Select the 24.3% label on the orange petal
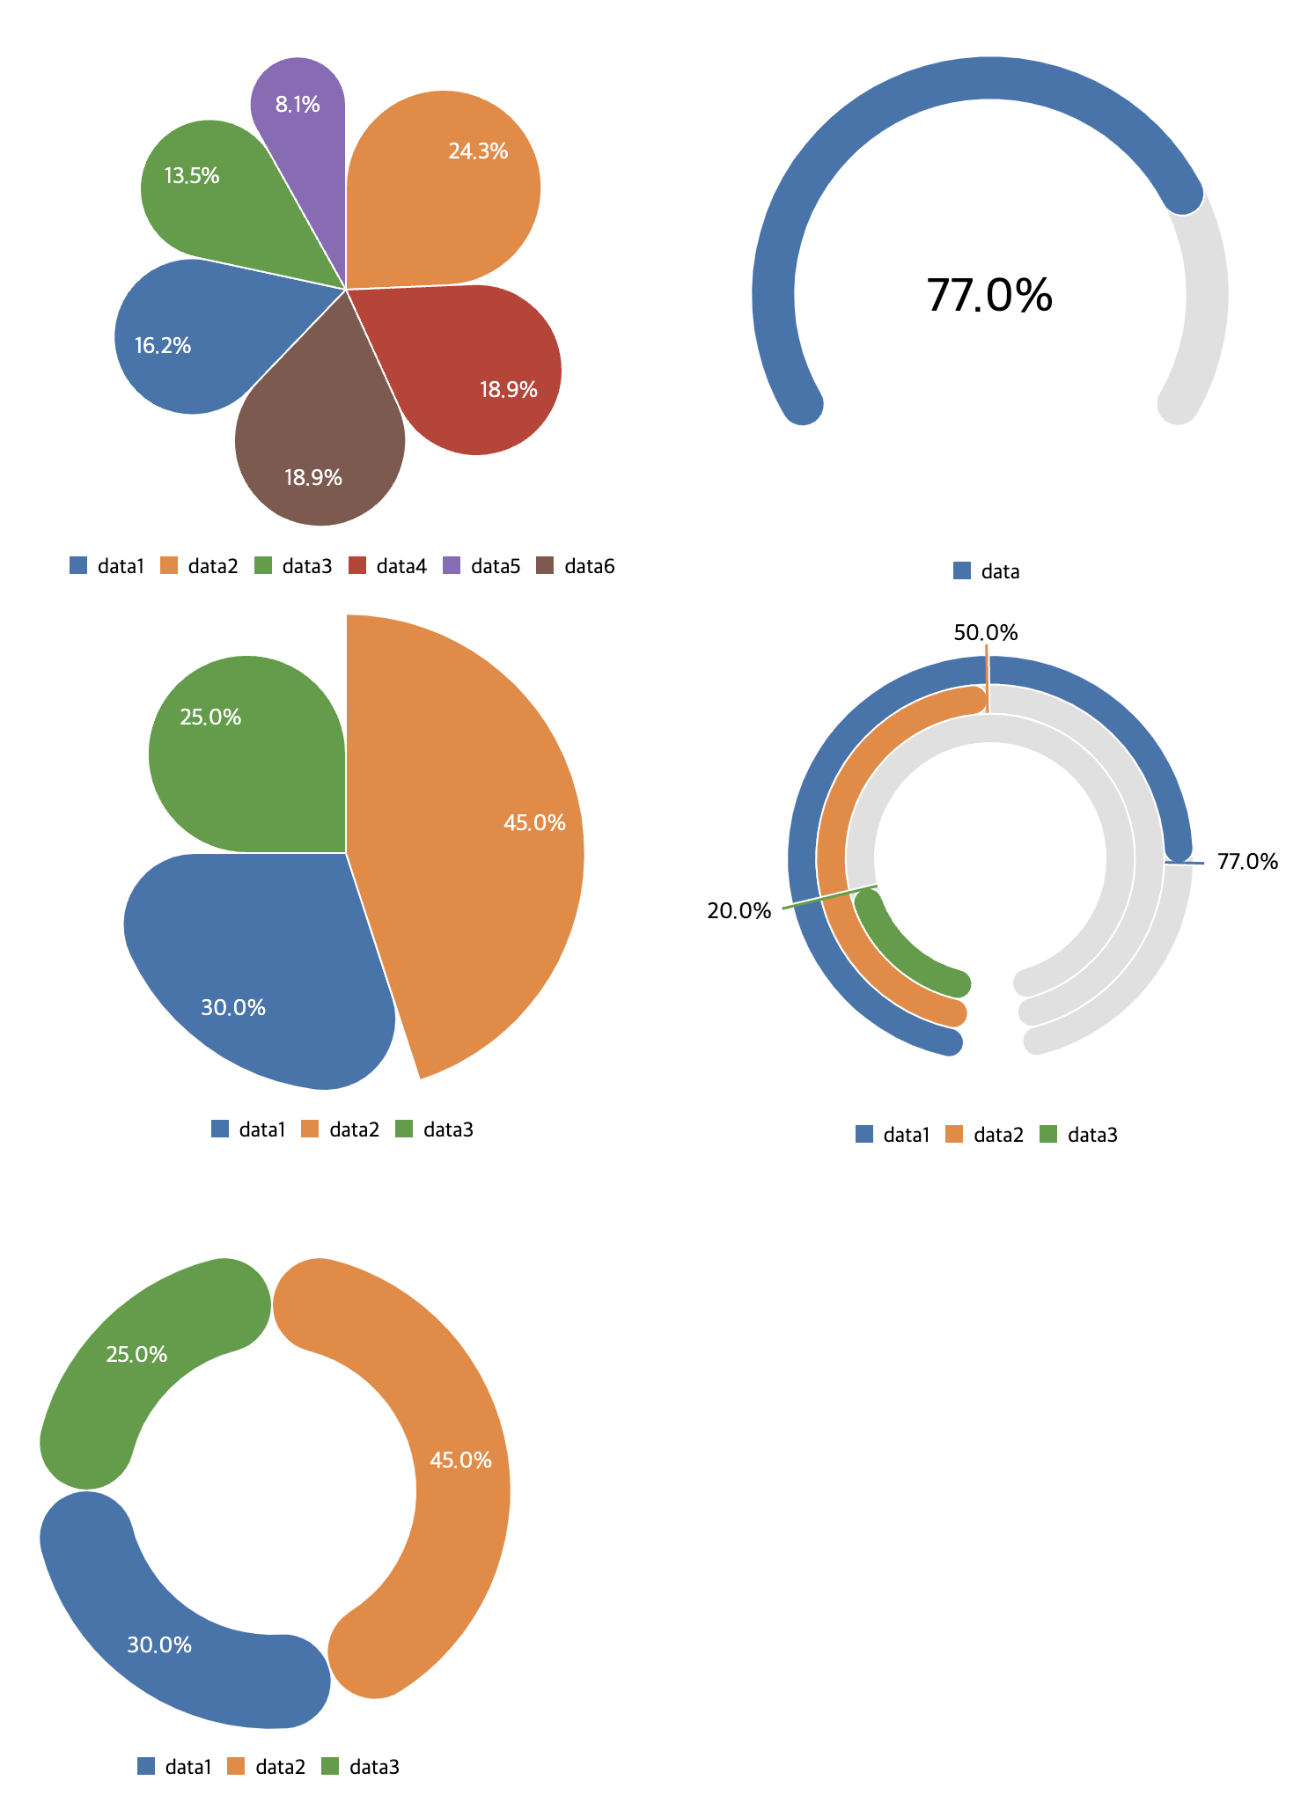click(x=478, y=151)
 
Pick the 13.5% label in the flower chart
click(x=192, y=176)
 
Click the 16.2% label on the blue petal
click(x=163, y=345)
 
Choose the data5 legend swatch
click(x=451, y=565)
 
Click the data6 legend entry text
click(x=589, y=566)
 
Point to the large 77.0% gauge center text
click(x=989, y=295)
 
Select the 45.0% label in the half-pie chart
click(x=534, y=823)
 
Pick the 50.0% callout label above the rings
click(x=986, y=632)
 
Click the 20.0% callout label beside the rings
click(x=739, y=910)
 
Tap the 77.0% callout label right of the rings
click(x=1247, y=861)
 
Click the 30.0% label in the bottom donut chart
click(x=159, y=1644)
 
